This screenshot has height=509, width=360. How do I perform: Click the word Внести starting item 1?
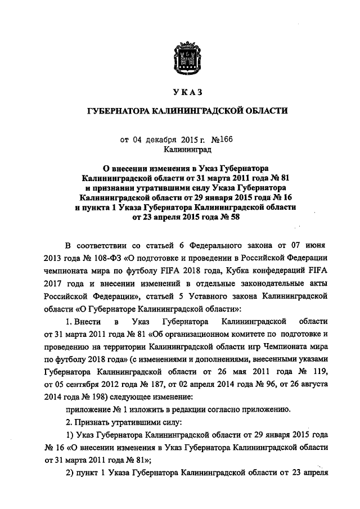(x=87, y=321)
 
